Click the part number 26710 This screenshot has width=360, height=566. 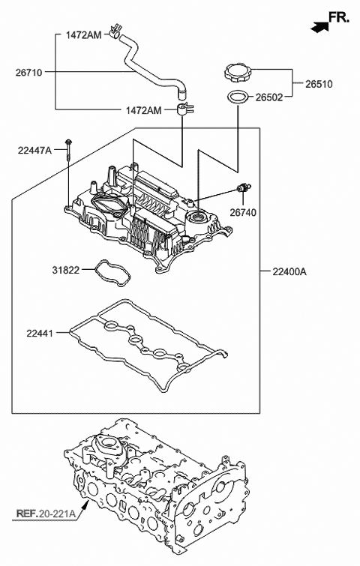pos(29,72)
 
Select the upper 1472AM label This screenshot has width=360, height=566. pos(84,34)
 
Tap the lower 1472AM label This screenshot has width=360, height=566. pos(143,110)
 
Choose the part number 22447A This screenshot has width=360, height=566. pos(34,151)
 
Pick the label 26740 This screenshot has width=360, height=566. pos(244,212)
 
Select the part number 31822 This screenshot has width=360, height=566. pos(66,268)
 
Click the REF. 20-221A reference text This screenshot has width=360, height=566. pos(46,514)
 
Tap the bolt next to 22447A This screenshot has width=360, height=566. pos(68,150)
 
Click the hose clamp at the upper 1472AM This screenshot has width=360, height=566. pos(115,31)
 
